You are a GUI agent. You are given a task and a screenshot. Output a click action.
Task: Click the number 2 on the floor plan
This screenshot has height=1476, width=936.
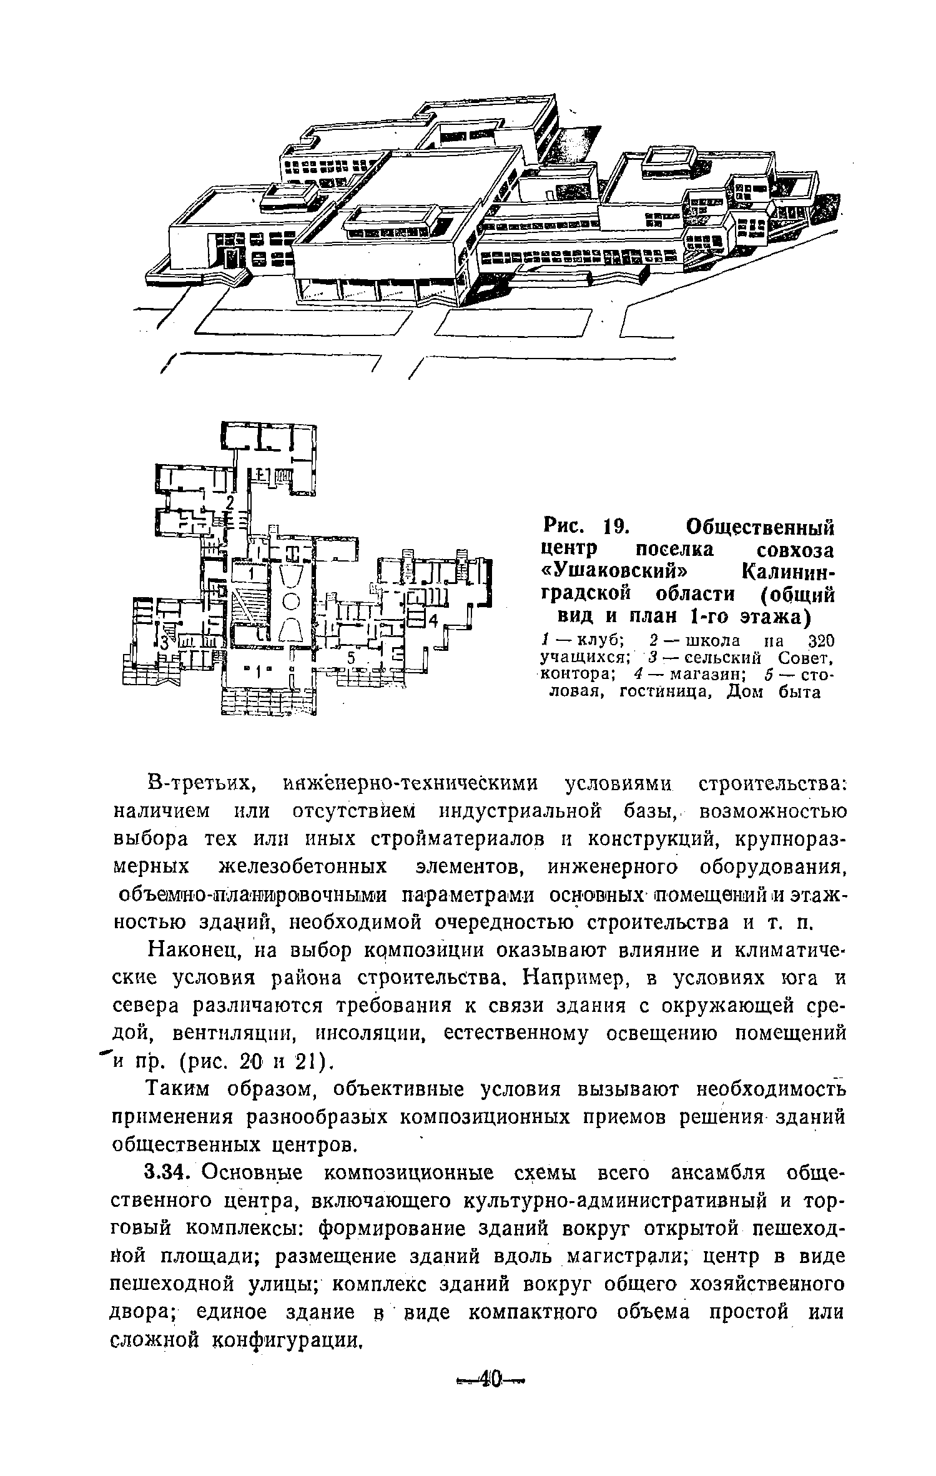(230, 503)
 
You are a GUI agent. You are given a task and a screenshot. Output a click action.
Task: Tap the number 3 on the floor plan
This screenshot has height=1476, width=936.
(163, 642)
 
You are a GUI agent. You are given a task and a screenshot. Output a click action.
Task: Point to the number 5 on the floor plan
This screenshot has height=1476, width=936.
(352, 658)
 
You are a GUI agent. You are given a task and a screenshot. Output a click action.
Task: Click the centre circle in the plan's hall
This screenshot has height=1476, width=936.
(290, 602)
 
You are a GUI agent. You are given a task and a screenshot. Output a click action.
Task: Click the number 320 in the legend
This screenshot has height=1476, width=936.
(817, 641)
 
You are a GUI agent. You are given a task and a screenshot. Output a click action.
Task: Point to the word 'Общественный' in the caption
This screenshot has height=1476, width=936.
(759, 527)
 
